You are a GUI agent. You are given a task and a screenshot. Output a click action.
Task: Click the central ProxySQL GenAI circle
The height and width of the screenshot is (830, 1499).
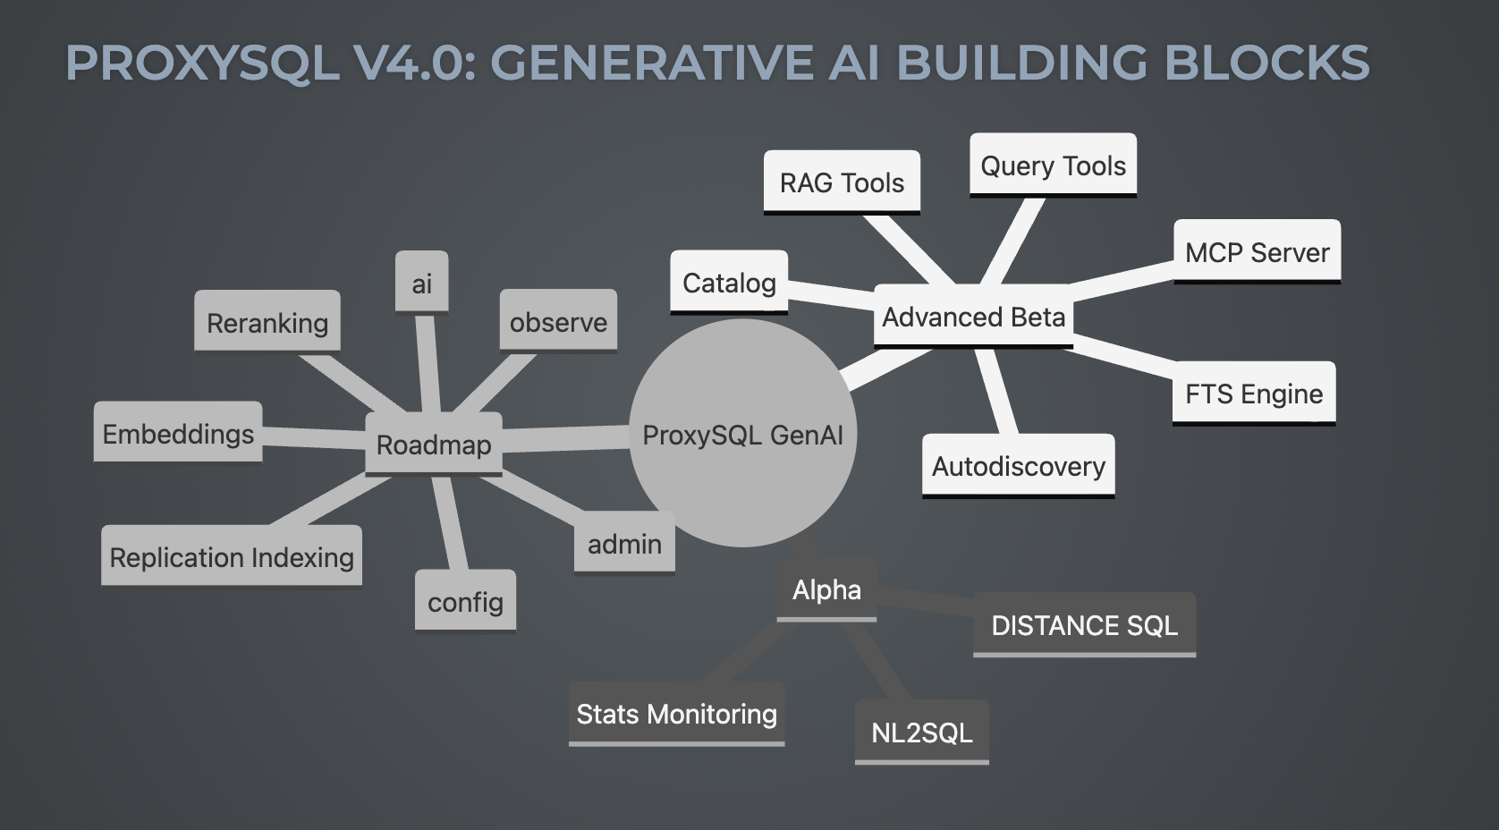click(742, 434)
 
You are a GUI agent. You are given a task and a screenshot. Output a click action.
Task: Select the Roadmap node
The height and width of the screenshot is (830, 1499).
click(434, 445)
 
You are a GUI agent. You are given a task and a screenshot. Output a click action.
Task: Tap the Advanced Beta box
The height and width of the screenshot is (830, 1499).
click(973, 317)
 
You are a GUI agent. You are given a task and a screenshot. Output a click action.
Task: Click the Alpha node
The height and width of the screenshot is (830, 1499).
click(826, 590)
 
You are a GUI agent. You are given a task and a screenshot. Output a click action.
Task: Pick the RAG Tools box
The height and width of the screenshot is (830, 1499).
click(842, 182)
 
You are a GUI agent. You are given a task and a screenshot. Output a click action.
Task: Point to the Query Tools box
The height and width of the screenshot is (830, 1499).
click(1053, 165)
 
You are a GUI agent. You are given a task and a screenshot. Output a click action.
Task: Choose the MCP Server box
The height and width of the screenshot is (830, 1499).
click(1257, 252)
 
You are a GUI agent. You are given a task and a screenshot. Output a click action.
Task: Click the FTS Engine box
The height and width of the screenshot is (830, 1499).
click(1253, 394)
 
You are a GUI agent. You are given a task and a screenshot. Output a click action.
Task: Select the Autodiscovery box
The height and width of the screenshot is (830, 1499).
click(1018, 466)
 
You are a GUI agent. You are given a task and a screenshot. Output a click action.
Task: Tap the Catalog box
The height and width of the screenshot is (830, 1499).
click(729, 283)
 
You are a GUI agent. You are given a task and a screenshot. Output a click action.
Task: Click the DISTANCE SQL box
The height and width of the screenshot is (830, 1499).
click(1084, 625)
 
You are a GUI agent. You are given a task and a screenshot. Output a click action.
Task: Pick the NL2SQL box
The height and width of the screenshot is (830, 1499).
click(921, 733)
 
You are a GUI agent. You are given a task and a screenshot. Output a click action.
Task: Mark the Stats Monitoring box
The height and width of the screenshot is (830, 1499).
click(676, 714)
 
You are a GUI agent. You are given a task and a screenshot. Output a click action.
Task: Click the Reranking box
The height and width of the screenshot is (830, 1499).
click(267, 322)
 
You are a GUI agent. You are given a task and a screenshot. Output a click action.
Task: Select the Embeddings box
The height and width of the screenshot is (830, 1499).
click(178, 434)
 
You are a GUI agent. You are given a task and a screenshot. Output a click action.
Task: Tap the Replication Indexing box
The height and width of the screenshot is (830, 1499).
click(232, 557)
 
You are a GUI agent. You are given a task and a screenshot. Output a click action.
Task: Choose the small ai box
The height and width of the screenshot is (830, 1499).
click(421, 284)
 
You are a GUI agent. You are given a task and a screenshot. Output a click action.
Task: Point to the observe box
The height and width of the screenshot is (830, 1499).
click(558, 322)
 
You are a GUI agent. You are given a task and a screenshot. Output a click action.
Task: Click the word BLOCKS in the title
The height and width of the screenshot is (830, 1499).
click(1267, 63)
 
